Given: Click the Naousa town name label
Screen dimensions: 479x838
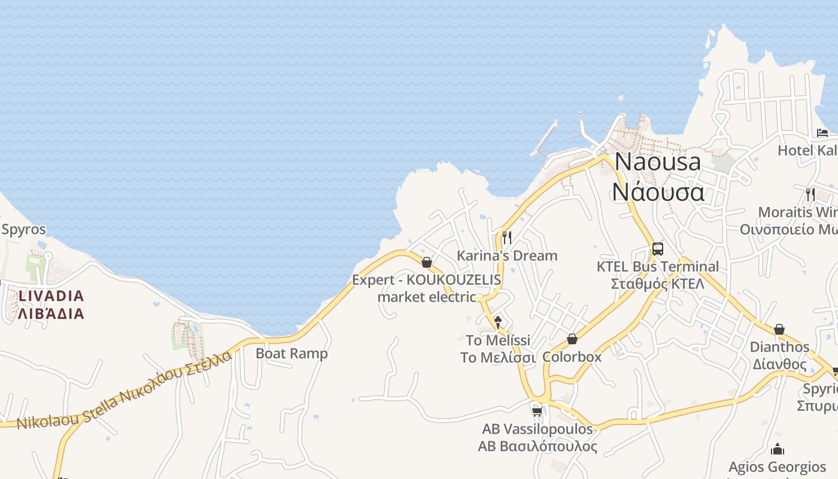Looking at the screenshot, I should (657, 162).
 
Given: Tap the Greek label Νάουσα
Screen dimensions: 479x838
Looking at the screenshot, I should (657, 192).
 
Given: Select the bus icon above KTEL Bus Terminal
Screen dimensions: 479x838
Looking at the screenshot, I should (657, 248).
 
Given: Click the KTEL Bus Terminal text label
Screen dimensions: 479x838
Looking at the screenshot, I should (657, 266).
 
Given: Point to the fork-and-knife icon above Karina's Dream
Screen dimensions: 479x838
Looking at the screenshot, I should (506, 237).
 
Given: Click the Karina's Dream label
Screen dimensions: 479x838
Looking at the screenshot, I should (506, 256).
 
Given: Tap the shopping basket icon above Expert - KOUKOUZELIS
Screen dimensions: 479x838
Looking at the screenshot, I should (427, 262).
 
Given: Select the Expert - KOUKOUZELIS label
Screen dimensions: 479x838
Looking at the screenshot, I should (426, 280).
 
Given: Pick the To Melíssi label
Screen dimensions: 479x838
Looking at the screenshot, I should (498, 340).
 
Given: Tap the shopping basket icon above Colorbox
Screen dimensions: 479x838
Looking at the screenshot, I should (572, 339).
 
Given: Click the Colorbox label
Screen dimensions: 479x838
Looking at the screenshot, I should (572, 357).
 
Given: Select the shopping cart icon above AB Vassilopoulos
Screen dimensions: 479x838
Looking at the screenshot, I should (537, 411).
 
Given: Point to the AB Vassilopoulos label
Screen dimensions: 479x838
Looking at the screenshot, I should (537, 429).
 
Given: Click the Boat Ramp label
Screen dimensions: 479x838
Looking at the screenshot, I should (292, 353).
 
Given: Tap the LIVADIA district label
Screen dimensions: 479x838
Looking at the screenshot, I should (51, 296).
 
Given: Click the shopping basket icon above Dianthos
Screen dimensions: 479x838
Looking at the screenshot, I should (779, 329).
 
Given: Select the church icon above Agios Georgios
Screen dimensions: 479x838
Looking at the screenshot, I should (777, 449).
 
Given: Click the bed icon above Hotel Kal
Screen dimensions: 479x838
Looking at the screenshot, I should (822, 132).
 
